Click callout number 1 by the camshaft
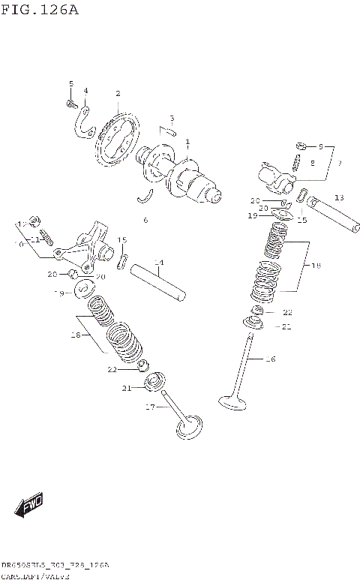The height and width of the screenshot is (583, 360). (187, 143)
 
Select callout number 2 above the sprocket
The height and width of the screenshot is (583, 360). (118, 93)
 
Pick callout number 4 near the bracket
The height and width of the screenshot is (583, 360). (85, 91)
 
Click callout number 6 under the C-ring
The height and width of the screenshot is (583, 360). (145, 220)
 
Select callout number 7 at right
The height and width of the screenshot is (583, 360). (338, 163)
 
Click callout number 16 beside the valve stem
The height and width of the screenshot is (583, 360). (271, 359)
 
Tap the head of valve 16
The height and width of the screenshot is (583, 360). (232, 403)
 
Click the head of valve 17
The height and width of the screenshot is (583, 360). (188, 428)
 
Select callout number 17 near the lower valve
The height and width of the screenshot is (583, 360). (149, 407)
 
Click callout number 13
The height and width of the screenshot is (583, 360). (339, 198)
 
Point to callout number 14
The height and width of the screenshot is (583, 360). (158, 263)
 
